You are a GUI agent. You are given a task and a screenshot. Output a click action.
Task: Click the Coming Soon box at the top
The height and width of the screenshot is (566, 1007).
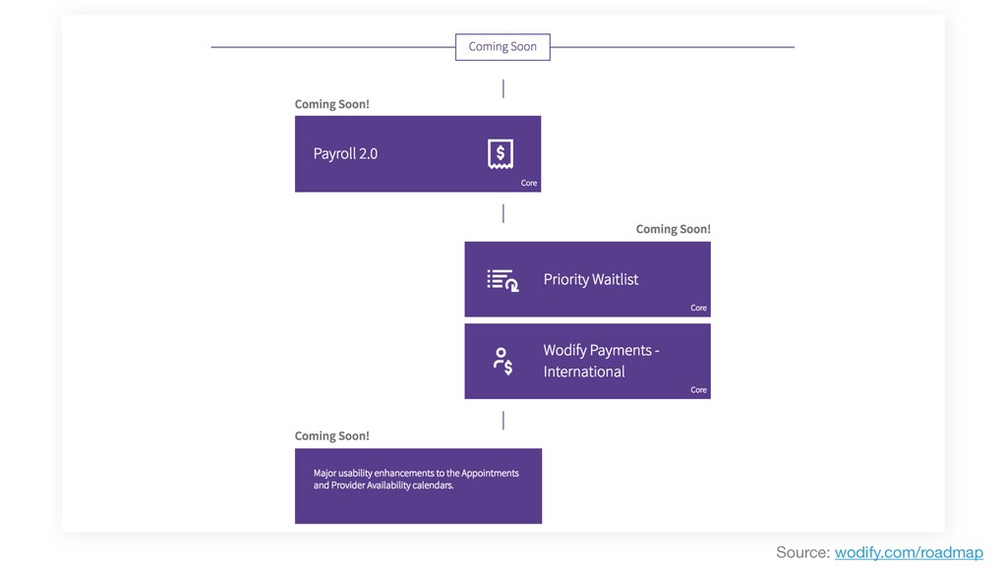[503, 47]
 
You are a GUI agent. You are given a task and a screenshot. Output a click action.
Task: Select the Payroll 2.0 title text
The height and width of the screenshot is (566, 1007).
[345, 154]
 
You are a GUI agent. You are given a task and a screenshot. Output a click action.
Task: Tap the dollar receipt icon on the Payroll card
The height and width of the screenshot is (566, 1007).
[501, 154]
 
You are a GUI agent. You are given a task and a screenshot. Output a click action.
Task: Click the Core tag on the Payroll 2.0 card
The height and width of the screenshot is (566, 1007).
[529, 183]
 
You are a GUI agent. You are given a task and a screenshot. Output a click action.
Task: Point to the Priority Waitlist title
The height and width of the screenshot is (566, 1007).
[591, 279]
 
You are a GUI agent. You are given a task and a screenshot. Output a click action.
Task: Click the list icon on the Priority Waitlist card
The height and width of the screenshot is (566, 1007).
[503, 280]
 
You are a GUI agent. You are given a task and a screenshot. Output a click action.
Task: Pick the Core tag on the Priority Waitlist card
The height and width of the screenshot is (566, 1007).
[699, 308]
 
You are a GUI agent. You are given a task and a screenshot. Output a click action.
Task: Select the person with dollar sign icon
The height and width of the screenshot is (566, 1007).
[503, 362]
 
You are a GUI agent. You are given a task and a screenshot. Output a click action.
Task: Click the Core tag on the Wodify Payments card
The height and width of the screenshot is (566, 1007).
[699, 390]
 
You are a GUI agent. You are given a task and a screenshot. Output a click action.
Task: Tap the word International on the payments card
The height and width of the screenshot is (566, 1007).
[584, 371]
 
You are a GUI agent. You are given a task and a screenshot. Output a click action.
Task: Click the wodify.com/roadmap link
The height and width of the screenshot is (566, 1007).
[909, 552]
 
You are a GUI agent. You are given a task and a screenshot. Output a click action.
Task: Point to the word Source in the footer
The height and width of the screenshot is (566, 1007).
[802, 552]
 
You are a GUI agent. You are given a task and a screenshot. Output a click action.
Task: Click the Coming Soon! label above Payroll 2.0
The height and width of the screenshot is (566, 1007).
[332, 104]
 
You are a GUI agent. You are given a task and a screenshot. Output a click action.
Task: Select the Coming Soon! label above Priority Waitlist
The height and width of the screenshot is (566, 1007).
[673, 229]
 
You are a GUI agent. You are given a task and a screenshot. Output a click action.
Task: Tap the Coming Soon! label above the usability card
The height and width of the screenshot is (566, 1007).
[332, 435]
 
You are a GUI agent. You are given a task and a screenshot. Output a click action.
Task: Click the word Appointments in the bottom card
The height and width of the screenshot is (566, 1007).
[490, 473]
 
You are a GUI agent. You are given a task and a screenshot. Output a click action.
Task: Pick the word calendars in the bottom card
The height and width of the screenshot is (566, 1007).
[433, 485]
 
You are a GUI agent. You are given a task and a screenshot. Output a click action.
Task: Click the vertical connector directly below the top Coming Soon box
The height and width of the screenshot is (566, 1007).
[503, 88]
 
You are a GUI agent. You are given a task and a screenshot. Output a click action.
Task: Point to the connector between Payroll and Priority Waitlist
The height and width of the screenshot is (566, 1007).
[503, 213]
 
